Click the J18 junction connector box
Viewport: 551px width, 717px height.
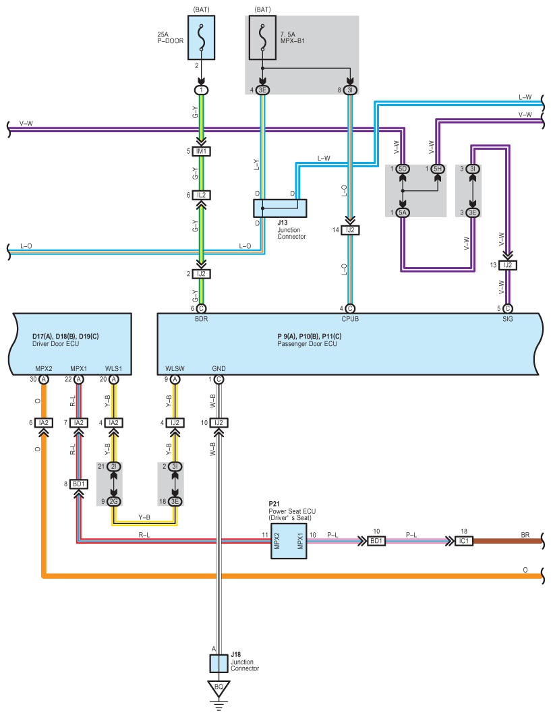coord(219,663)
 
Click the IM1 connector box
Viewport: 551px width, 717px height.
coord(201,151)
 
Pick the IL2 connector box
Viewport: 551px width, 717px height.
coord(201,195)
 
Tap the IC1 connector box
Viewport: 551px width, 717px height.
coord(464,540)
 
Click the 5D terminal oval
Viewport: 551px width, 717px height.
coord(403,169)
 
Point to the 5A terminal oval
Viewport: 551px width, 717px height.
coord(403,212)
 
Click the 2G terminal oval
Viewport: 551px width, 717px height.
coord(114,501)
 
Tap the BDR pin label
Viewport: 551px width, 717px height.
coord(201,319)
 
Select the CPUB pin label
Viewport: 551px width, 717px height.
coord(349,319)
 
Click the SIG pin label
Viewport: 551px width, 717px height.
coord(507,319)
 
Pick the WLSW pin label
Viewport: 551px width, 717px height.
coord(175,369)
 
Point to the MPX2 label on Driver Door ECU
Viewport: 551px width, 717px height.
coord(44,369)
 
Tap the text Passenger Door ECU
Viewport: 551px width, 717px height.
coord(307,344)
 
